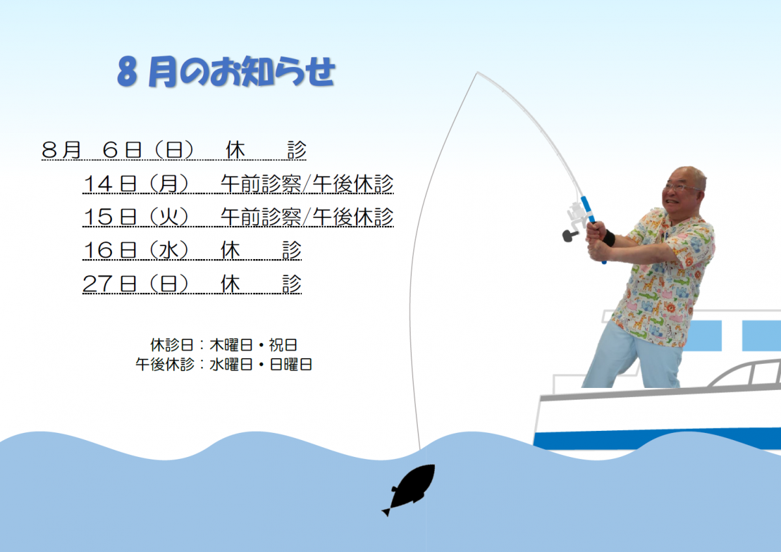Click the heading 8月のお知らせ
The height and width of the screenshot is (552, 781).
pyautogui.click(x=226, y=72)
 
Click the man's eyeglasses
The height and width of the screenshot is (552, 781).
pyautogui.click(x=683, y=187)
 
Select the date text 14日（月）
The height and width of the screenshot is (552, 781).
pyautogui.click(x=136, y=184)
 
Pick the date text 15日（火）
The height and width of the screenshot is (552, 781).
pyautogui.click(x=136, y=217)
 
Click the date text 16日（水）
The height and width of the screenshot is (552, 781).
pyautogui.click(x=136, y=250)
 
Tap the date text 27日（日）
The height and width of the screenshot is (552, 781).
pyautogui.click(x=136, y=284)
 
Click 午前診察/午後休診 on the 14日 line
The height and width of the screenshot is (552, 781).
pyautogui.click(x=307, y=184)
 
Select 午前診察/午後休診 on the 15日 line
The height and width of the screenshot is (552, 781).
pyautogui.click(x=307, y=217)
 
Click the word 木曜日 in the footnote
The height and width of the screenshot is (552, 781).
pyautogui.click(x=231, y=345)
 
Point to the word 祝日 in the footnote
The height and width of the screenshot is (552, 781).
pyautogui.click(x=282, y=345)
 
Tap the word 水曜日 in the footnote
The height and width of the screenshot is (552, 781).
pyautogui.click(x=231, y=365)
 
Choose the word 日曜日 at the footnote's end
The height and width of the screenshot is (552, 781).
pyautogui.click(x=291, y=365)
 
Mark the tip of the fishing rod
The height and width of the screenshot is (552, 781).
pyautogui.click(x=477, y=72)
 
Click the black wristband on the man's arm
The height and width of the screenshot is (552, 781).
pyautogui.click(x=609, y=238)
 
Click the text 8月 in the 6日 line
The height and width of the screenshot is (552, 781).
pyautogui.click(x=61, y=150)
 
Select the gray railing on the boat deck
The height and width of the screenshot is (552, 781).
pyautogui.click(x=745, y=374)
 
